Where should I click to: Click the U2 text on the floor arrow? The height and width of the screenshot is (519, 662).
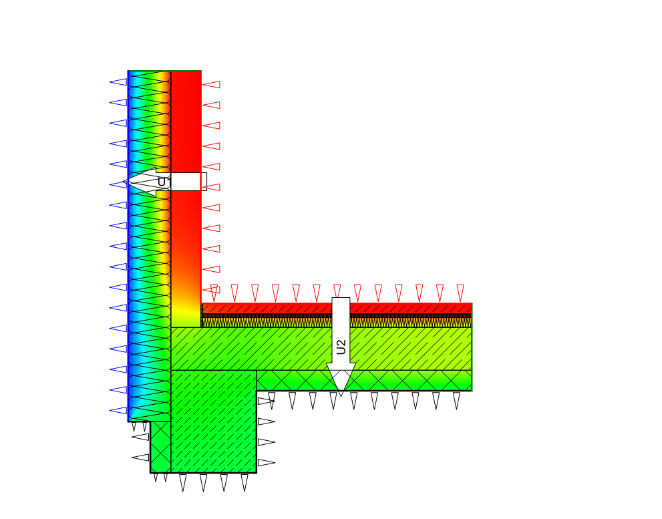(341, 347)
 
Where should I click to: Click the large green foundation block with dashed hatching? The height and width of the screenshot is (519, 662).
(214, 421)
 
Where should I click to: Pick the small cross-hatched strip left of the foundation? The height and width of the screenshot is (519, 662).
(160, 447)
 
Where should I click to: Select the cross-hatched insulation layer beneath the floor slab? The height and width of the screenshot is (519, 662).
(364, 381)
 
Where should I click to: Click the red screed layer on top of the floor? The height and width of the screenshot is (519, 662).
(337, 309)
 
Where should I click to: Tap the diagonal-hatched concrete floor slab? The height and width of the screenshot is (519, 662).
(321, 349)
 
